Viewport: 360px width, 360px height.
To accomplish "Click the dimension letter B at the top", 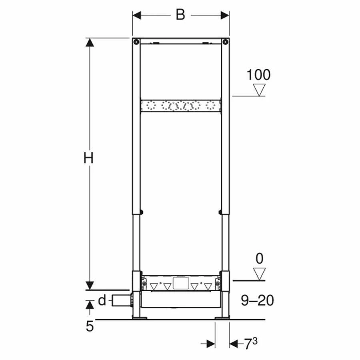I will tap(180, 15).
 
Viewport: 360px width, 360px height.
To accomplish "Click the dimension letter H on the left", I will tap(88, 158).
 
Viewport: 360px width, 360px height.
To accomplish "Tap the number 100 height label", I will tap(258, 75).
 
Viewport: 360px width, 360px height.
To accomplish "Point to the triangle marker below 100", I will tap(260, 90).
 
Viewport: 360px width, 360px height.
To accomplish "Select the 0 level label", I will tap(260, 259).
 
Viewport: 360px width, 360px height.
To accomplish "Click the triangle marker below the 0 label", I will tap(260, 274).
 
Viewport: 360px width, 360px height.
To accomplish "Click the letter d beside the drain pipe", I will tap(102, 300).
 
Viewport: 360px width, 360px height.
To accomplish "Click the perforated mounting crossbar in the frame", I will tap(180, 106).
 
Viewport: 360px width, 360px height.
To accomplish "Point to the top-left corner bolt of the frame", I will tap(136, 42).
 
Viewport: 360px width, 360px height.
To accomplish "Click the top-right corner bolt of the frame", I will tap(225, 42).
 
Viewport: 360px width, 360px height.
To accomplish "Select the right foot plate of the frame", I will tap(222, 318).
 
